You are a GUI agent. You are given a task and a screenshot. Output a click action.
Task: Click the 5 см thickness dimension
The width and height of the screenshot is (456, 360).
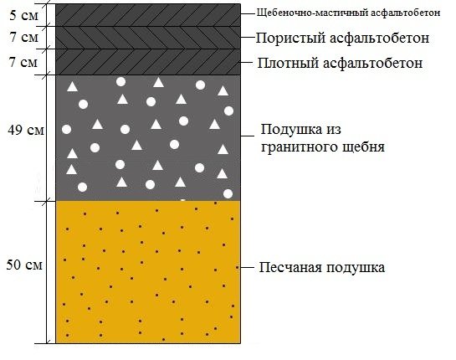pos(23,15)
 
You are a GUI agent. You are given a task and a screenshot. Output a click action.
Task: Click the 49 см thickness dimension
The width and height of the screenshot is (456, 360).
pos(26,130)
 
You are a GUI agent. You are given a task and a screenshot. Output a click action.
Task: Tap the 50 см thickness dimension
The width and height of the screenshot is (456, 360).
pos(24,265)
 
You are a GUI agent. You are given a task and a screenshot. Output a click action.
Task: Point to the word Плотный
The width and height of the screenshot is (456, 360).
pos(288,63)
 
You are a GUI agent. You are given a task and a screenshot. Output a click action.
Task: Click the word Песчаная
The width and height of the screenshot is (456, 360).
pos(290,267)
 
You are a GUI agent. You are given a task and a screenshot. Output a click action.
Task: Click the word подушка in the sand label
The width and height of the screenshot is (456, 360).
pos(355,268)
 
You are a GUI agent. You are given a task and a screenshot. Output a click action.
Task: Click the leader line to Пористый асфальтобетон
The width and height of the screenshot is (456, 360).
pos(248,37)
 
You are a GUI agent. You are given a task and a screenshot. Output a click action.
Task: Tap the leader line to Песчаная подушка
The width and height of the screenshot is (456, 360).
pos(246,267)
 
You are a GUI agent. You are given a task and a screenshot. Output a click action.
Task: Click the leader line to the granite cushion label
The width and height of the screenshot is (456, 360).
pos(248,136)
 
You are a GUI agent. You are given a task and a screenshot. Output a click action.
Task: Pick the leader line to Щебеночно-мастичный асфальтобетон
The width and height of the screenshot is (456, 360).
pos(248,13)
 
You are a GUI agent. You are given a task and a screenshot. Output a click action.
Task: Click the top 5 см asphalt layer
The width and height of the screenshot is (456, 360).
pos(148,15)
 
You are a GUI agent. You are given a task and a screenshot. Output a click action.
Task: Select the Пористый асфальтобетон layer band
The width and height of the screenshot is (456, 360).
pos(148,38)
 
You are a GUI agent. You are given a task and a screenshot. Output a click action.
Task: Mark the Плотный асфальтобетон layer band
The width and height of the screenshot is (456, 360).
pos(148,62)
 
